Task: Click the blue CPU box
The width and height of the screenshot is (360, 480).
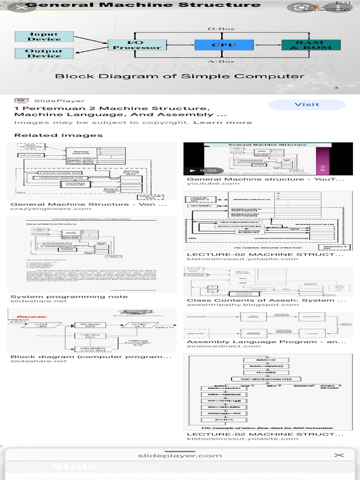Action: point(217,45)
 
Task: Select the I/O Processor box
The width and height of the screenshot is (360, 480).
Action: point(137,45)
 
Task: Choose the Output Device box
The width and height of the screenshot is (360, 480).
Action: point(44,53)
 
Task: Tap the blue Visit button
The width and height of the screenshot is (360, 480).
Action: point(307,105)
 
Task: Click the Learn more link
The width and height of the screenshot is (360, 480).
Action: point(223,122)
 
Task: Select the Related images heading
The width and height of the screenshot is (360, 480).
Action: point(58,135)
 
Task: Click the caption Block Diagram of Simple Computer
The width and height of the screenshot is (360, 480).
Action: point(180,76)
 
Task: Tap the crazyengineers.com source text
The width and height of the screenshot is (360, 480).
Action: point(45,209)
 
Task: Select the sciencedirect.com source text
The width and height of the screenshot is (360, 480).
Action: point(217,346)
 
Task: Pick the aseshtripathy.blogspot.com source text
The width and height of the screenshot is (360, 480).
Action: point(242,305)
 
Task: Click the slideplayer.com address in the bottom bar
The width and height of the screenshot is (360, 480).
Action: point(180,455)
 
